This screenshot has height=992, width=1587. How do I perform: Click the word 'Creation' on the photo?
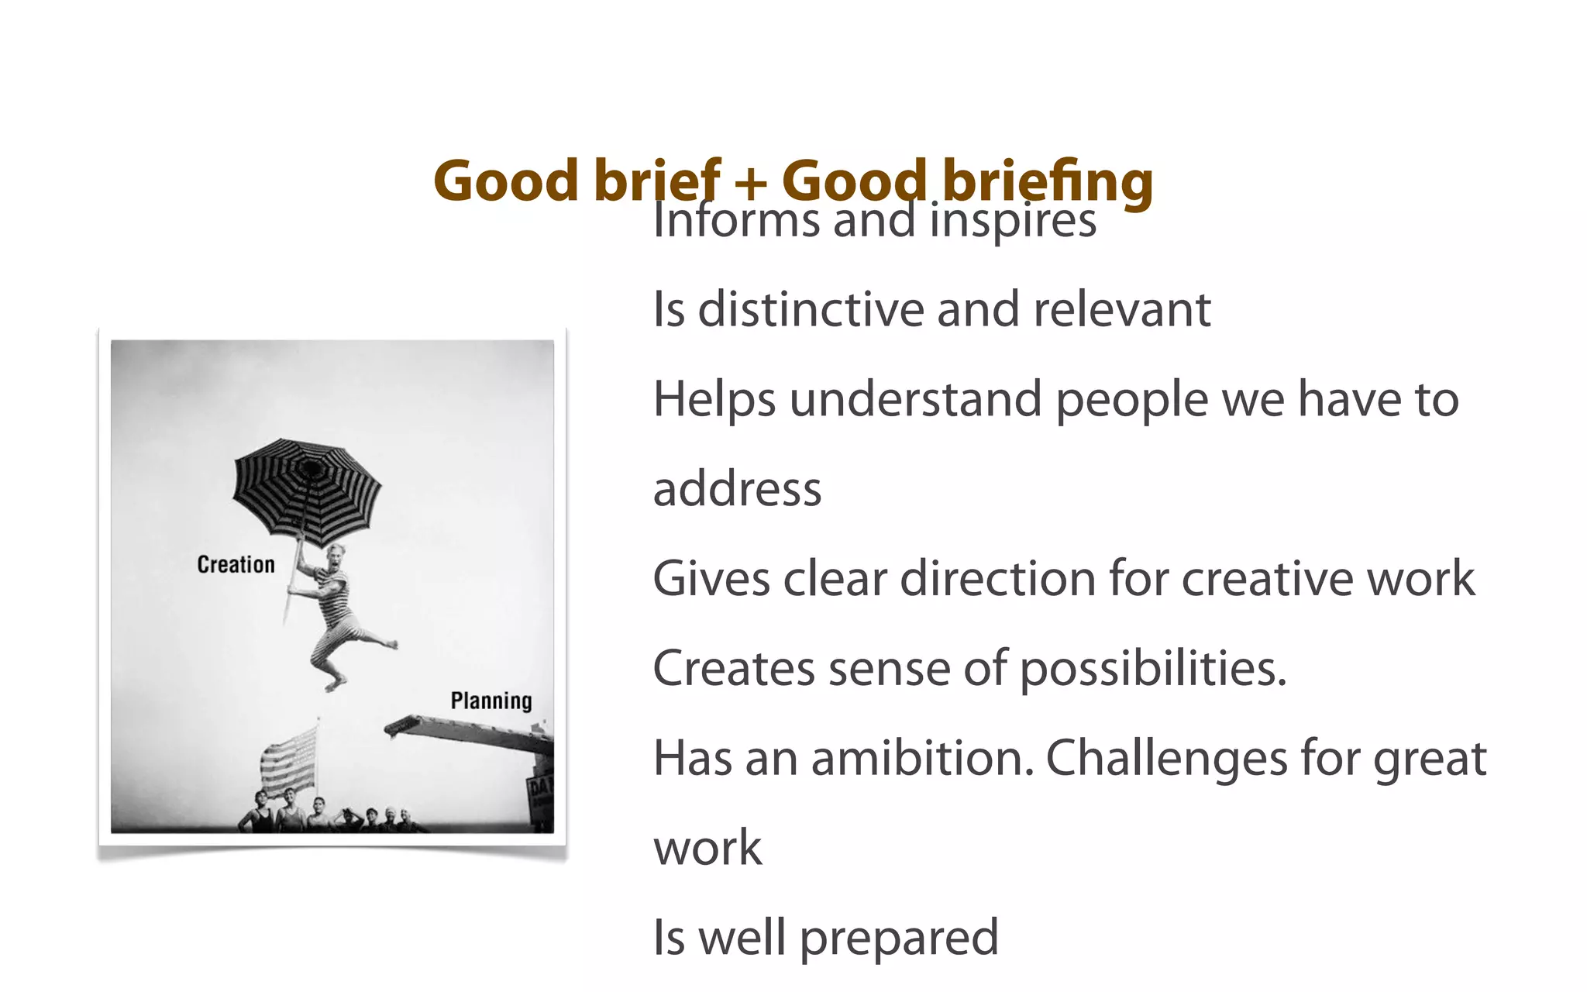(x=236, y=564)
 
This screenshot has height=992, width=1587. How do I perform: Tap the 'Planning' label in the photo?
(x=491, y=701)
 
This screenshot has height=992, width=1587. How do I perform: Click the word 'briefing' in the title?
(x=1048, y=181)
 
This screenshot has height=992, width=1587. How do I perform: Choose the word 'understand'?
(x=915, y=400)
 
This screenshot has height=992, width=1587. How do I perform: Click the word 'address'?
(x=737, y=490)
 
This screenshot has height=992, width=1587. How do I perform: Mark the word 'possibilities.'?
(x=1152, y=669)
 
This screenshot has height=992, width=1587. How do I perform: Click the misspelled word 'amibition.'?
(x=922, y=758)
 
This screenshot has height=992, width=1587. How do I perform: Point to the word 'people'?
(x=1131, y=400)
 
